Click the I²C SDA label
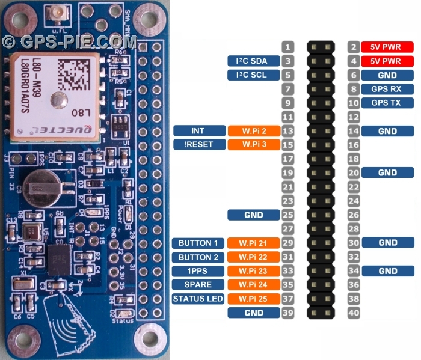click(x=254, y=61)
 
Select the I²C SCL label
click(x=254, y=75)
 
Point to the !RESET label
click(x=198, y=145)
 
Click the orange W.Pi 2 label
click(x=254, y=130)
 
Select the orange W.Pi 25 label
click(x=254, y=299)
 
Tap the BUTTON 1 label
click(x=198, y=243)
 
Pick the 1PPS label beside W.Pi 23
click(x=198, y=271)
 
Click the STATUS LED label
click(x=198, y=299)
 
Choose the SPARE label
click(x=198, y=285)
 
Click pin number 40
click(x=354, y=313)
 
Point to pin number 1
click(x=288, y=47)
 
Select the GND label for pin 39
click(x=254, y=313)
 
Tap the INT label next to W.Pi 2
click(x=198, y=130)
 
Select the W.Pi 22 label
click(x=254, y=257)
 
